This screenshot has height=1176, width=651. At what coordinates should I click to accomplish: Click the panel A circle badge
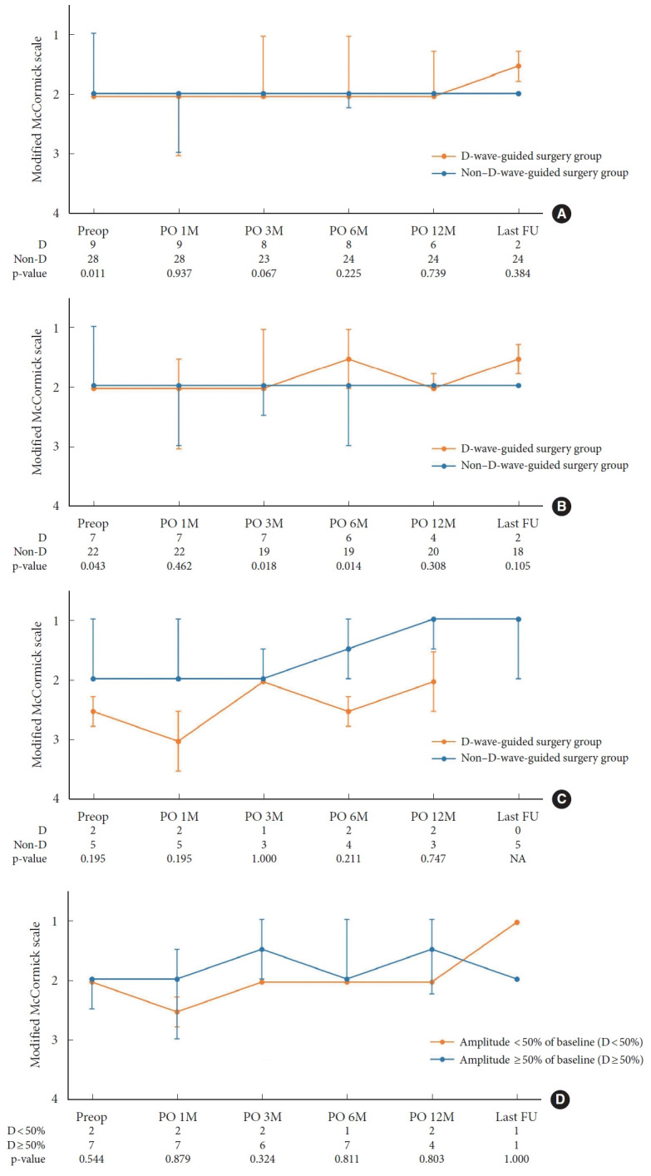[562, 215]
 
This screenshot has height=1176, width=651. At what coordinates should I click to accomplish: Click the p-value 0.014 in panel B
[348, 566]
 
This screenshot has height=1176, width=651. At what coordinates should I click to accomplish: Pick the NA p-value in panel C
[518, 859]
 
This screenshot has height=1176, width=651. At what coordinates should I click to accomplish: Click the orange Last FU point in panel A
[518, 66]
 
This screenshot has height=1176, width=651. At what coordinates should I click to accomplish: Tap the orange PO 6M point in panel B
[348, 358]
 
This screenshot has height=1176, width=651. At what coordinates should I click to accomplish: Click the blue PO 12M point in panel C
[433, 619]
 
